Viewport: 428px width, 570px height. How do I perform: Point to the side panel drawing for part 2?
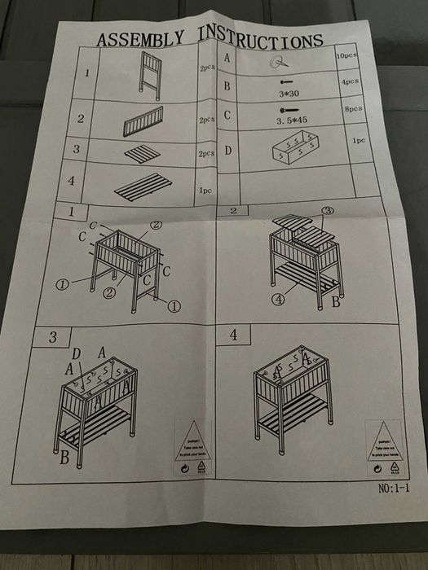(x=144, y=121)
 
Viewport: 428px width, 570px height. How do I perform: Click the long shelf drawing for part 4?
(x=139, y=186)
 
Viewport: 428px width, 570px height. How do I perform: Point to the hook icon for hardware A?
(x=280, y=62)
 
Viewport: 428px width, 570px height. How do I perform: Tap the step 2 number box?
(x=234, y=211)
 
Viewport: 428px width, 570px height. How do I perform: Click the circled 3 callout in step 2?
(x=328, y=211)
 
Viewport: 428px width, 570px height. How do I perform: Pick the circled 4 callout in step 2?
(x=279, y=298)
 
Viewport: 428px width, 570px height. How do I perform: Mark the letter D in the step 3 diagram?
(x=76, y=353)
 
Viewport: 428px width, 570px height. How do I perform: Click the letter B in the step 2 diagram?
(x=336, y=305)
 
